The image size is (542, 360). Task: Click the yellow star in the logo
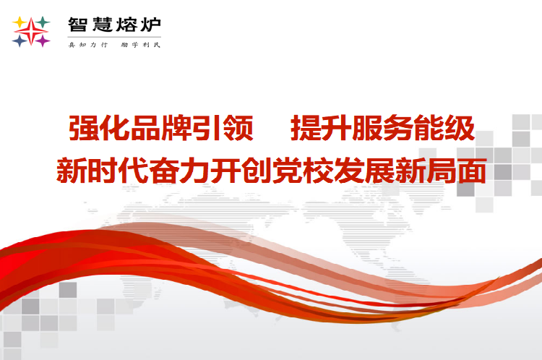(x=20, y=22)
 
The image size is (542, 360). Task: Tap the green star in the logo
(x=43, y=22)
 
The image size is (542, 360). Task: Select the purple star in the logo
(x=43, y=41)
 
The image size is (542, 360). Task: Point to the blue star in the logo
(x=20, y=41)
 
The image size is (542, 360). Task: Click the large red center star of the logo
(x=31, y=32)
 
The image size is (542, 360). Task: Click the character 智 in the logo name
(x=77, y=25)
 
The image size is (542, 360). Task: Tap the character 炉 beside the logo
(x=151, y=25)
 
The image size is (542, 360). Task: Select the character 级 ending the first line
(x=460, y=128)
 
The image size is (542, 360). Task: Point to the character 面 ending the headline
(x=473, y=170)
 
